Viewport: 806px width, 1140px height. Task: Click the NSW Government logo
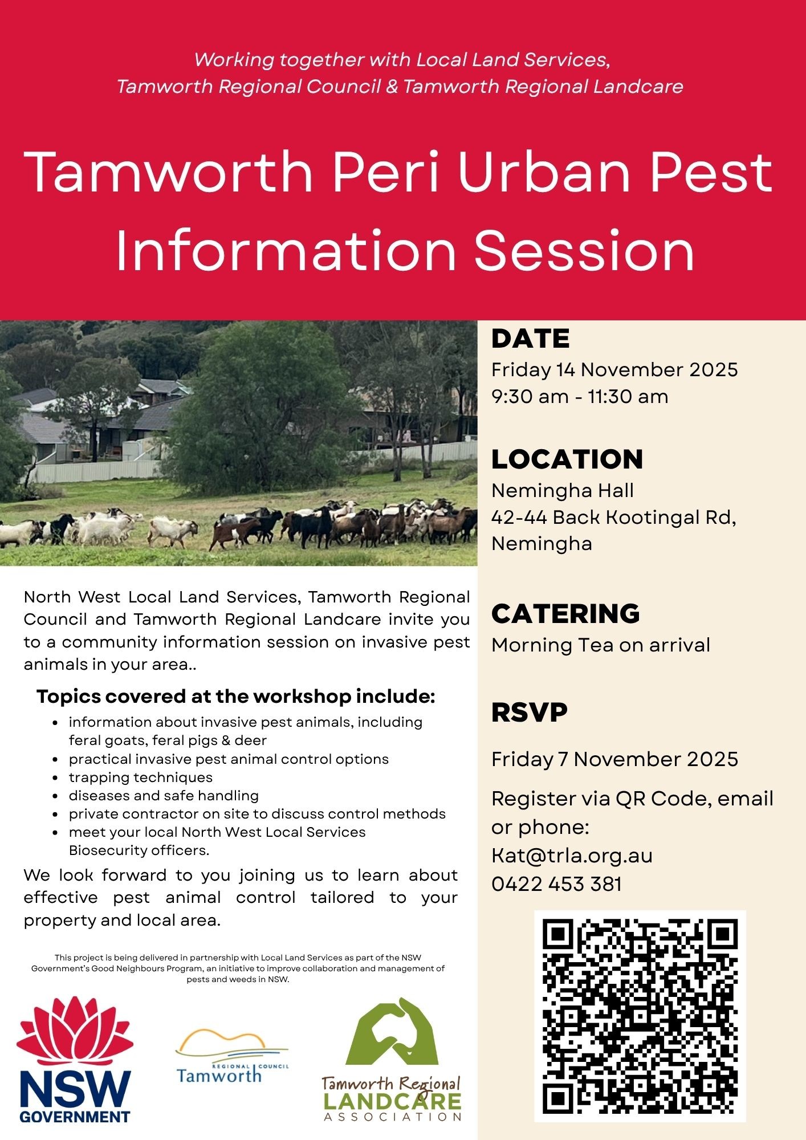pyautogui.click(x=75, y=1060)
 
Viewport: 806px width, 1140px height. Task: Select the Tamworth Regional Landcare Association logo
pyautogui.click(x=392, y=1060)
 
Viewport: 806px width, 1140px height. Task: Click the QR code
pyautogui.click(x=640, y=1016)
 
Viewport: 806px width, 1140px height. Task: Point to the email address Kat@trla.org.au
pyautogui.click(x=572, y=856)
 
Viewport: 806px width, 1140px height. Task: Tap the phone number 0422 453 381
pyautogui.click(x=556, y=884)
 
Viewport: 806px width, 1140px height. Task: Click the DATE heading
pyautogui.click(x=530, y=339)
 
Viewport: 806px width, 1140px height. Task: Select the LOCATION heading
pyautogui.click(x=567, y=459)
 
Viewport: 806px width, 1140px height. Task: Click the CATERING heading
pyautogui.click(x=565, y=614)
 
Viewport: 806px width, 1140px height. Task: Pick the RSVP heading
pyautogui.click(x=529, y=712)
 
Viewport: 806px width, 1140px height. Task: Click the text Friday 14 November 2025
pyautogui.click(x=614, y=370)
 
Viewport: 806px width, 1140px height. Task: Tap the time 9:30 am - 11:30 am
pyautogui.click(x=580, y=397)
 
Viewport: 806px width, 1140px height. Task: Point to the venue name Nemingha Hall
pyautogui.click(x=563, y=490)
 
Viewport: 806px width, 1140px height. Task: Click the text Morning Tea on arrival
pyautogui.click(x=601, y=645)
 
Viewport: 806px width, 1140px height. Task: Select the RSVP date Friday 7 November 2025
pyautogui.click(x=614, y=759)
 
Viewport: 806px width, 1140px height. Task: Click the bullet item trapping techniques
pyautogui.click(x=140, y=777)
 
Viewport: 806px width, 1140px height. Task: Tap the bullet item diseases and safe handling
pyautogui.click(x=164, y=796)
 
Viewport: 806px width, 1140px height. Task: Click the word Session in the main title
pyautogui.click(x=584, y=251)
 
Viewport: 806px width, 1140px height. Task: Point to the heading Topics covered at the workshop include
pyautogui.click(x=236, y=697)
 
